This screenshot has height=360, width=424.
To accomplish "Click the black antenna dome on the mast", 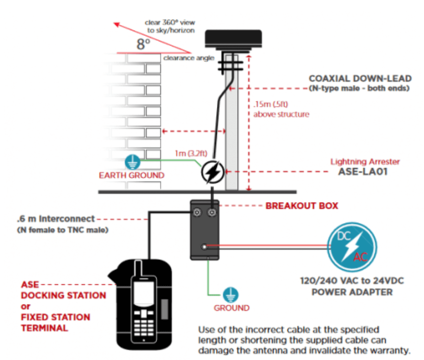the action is pos(233,39).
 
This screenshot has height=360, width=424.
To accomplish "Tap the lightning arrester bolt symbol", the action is pos(213,172).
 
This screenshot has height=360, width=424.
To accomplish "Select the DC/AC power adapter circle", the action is pos(352,247).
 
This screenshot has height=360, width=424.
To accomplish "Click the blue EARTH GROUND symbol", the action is pos(133,162).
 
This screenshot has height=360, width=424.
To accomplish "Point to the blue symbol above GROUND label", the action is pos(230,295).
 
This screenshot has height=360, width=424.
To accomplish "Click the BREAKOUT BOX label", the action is pos(302,206).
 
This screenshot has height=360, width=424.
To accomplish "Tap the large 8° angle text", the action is pos(143,44).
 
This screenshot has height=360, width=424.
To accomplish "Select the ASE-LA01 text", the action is pos(363,172).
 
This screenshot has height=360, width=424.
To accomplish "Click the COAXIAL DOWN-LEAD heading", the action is pos(360,79).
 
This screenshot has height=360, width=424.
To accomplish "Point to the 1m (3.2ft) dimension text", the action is pos(191,154).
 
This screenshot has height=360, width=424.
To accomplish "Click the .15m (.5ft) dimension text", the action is pos(271,104).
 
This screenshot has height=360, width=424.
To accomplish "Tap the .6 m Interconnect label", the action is pos(56,219).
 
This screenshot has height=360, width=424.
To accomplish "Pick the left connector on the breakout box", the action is pos(197,213).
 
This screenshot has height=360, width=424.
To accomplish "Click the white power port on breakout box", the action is pos(205,247).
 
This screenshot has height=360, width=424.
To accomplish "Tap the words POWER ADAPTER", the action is pos(352,292).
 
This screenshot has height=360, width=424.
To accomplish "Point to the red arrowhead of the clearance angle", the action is pos(117,24).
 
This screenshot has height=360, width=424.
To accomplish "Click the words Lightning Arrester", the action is pos(365,162).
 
